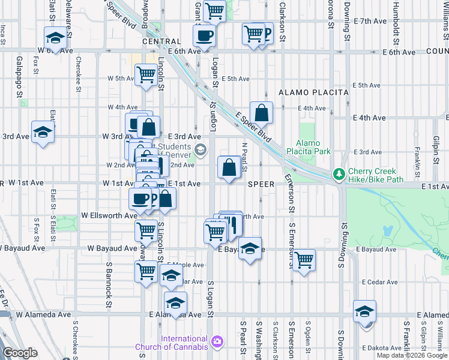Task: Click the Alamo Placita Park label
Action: coord(312,147)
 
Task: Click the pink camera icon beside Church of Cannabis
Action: coord(216,343)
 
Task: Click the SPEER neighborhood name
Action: coord(261,184)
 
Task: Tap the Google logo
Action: coord(20,353)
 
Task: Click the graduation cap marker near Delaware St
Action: coord(55,38)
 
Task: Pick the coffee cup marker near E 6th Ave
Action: coord(204,35)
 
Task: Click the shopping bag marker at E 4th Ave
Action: coord(262,112)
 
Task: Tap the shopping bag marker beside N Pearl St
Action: coord(229,167)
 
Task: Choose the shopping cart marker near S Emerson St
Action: coord(304,260)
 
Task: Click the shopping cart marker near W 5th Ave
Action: coord(146,76)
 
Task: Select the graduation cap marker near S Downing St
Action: coord(364,311)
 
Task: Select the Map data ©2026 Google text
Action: coord(412,355)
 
